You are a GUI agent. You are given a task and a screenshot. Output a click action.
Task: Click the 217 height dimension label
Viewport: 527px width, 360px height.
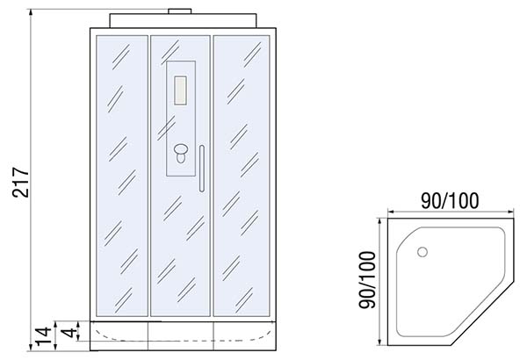point(21,182)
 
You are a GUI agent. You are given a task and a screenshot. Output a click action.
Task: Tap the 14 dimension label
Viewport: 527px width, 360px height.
point(44,335)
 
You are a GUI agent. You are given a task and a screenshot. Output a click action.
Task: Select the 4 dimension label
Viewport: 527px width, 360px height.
point(69,333)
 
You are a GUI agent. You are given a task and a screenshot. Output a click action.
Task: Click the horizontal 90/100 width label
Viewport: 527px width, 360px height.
point(450,201)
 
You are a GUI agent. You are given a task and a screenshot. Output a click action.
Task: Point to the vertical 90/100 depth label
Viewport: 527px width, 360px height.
point(366,280)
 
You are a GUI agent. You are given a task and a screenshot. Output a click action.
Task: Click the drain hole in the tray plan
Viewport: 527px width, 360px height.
point(422,252)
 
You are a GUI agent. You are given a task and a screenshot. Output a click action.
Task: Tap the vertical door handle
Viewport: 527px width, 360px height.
point(202,169)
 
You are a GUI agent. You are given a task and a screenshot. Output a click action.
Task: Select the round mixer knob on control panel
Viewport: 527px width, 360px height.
point(181,149)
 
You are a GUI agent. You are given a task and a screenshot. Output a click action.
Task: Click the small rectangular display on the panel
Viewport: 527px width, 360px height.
point(180,90)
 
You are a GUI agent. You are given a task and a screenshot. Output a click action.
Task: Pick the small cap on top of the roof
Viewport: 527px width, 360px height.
point(180,11)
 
